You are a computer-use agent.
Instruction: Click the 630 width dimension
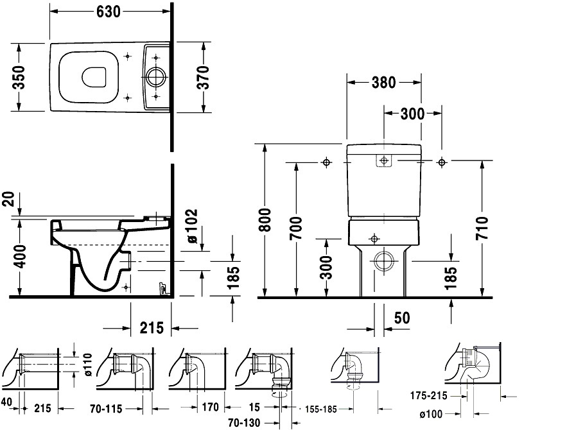tap(108, 12)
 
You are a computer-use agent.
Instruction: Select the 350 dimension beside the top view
tap(18, 77)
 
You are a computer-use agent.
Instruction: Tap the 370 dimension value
tap(204, 77)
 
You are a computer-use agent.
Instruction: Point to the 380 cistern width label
tap(383, 83)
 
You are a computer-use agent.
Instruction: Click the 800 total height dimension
tap(265, 219)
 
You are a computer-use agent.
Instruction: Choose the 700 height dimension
tap(296, 228)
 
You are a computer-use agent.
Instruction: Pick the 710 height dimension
tap(482, 228)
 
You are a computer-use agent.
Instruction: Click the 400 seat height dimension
tap(21, 256)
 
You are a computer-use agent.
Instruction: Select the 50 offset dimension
tap(402, 318)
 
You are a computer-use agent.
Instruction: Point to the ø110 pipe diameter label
tap(88, 365)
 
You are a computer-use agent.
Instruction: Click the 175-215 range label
tap(428, 396)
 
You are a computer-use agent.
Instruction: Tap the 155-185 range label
tap(321, 409)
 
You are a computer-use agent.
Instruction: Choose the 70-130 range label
tap(244, 422)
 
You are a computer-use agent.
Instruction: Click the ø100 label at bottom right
tap(431, 414)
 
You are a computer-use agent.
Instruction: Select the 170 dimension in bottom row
tap(210, 408)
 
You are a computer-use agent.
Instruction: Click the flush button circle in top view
tap(156, 76)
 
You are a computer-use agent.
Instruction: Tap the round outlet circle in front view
tap(383, 261)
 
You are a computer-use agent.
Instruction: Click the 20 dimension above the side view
tap(10, 199)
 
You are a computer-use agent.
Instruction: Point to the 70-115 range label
tap(106, 409)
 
